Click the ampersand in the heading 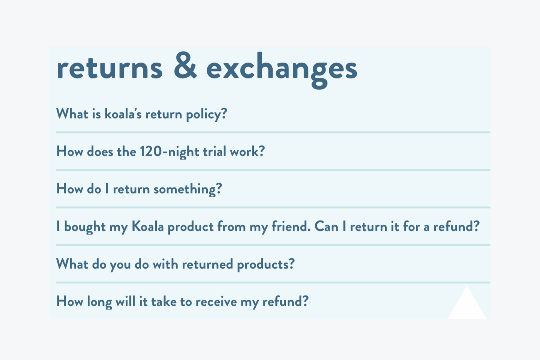coord(185,65)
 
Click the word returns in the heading coord(109,69)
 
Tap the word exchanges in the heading coord(282,70)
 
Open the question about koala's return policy coord(141,114)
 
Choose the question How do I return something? coord(139,189)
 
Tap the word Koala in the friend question coord(148,226)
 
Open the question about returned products coord(175,264)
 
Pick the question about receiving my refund coord(182,301)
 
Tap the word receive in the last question coord(216,302)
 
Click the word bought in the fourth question coord(85,226)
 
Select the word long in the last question coord(99,302)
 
